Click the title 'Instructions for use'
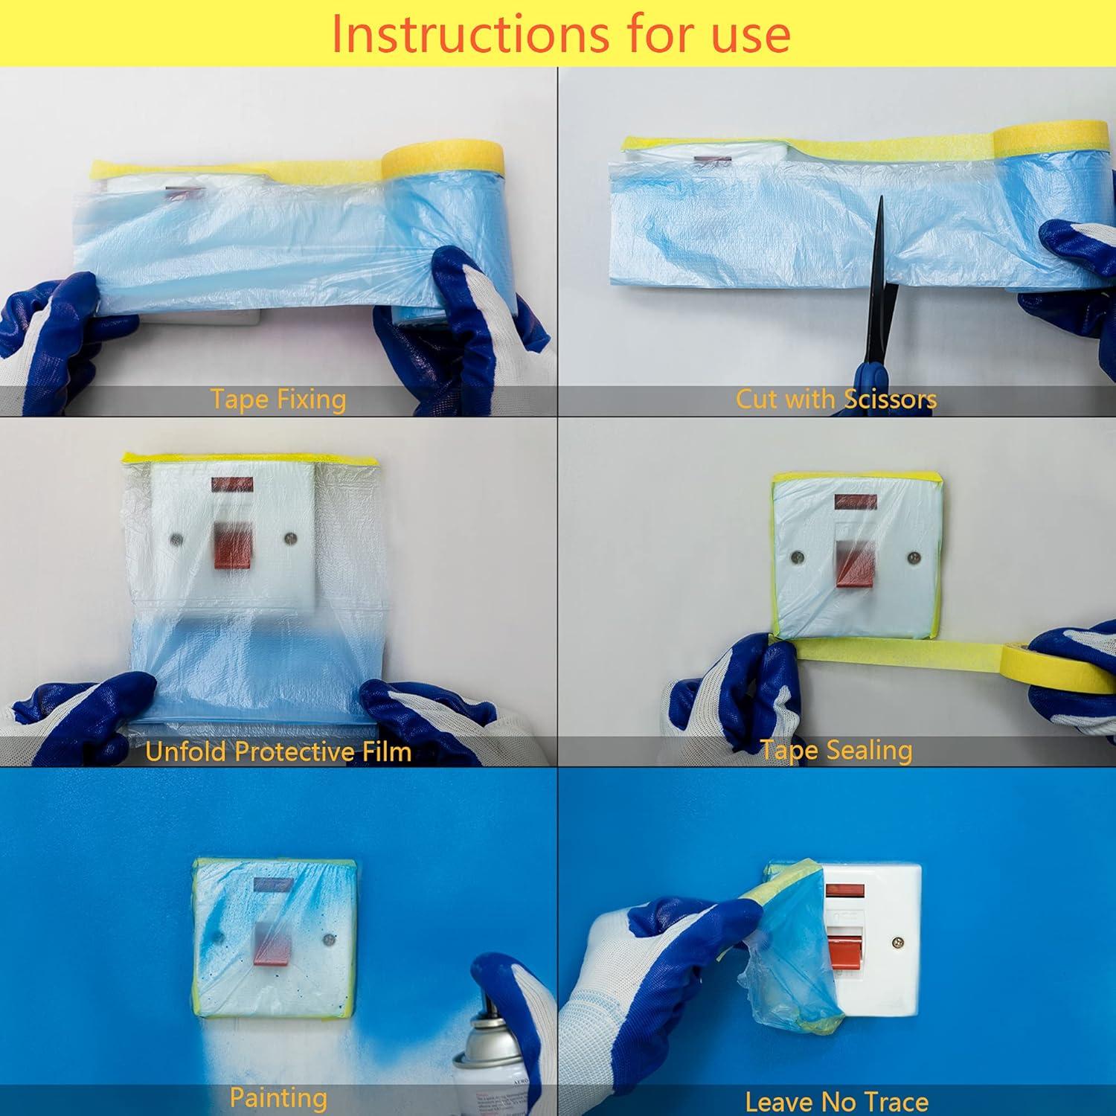pyautogui.click(x=559, y=33)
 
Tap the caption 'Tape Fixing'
pyautogui.click(x=278, y=400)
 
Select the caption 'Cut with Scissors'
pyautogui.click(x=836, y=400)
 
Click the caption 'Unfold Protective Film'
pyautogui.click(x=278, y=751)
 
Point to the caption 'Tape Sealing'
pyautogui.click(x=836, y=750)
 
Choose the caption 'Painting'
pyautogui.click(x=278, y=1098)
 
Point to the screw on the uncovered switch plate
pyautogui.click(x=898, y=943)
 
